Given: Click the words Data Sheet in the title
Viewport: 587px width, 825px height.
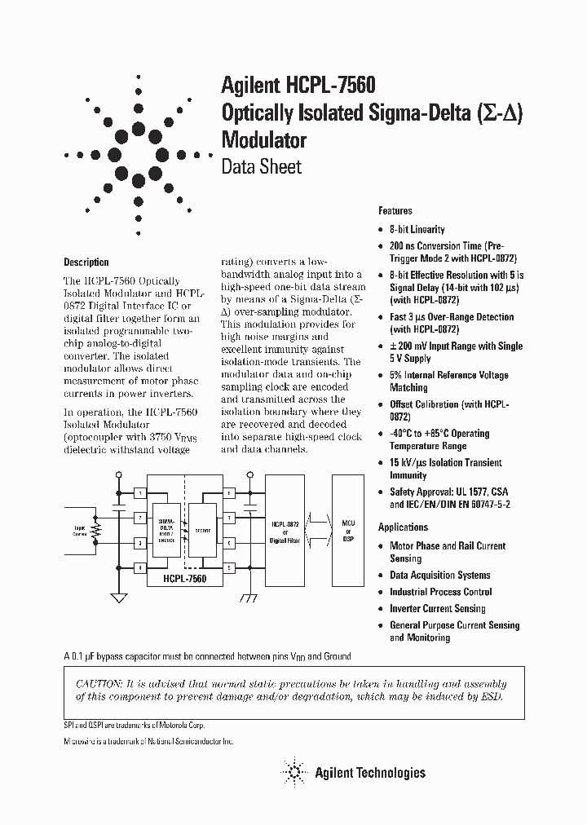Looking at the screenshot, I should coord(261,166).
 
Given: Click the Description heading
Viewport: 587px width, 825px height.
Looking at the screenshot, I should coord(86,262).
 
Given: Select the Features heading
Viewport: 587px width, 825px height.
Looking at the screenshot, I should coord(395,210).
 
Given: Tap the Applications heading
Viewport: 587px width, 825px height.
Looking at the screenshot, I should coord(403,527).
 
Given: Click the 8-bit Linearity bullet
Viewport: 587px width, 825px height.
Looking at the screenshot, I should coord(417,230).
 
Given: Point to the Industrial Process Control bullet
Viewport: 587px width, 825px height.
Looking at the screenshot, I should coord(440,592).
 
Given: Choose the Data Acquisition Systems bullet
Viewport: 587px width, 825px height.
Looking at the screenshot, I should coord(439,576).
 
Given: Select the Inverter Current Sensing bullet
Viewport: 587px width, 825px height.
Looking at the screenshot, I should coord(437,609).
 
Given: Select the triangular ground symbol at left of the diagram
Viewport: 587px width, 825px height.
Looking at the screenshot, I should coord(119,597).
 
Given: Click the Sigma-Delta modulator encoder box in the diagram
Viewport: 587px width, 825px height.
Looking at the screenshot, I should coord(166,530).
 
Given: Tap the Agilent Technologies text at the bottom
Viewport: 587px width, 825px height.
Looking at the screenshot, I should coord(369,772).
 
